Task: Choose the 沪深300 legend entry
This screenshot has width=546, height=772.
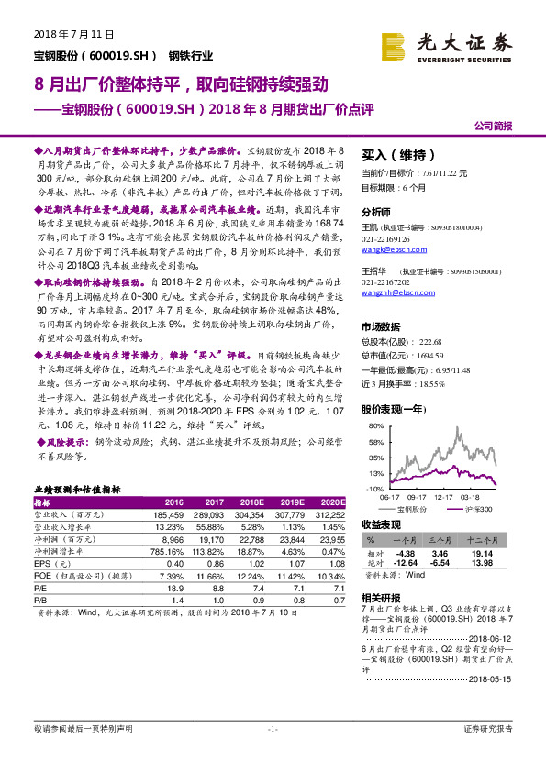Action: (x=477, y=507)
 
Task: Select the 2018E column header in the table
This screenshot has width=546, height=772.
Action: (x=250, y=503)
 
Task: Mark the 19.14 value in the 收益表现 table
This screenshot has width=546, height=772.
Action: (x=481, y=554)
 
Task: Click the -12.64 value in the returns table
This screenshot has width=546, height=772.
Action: (x=404, y=564)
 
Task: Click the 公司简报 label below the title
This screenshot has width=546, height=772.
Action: (x=492, y=126)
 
